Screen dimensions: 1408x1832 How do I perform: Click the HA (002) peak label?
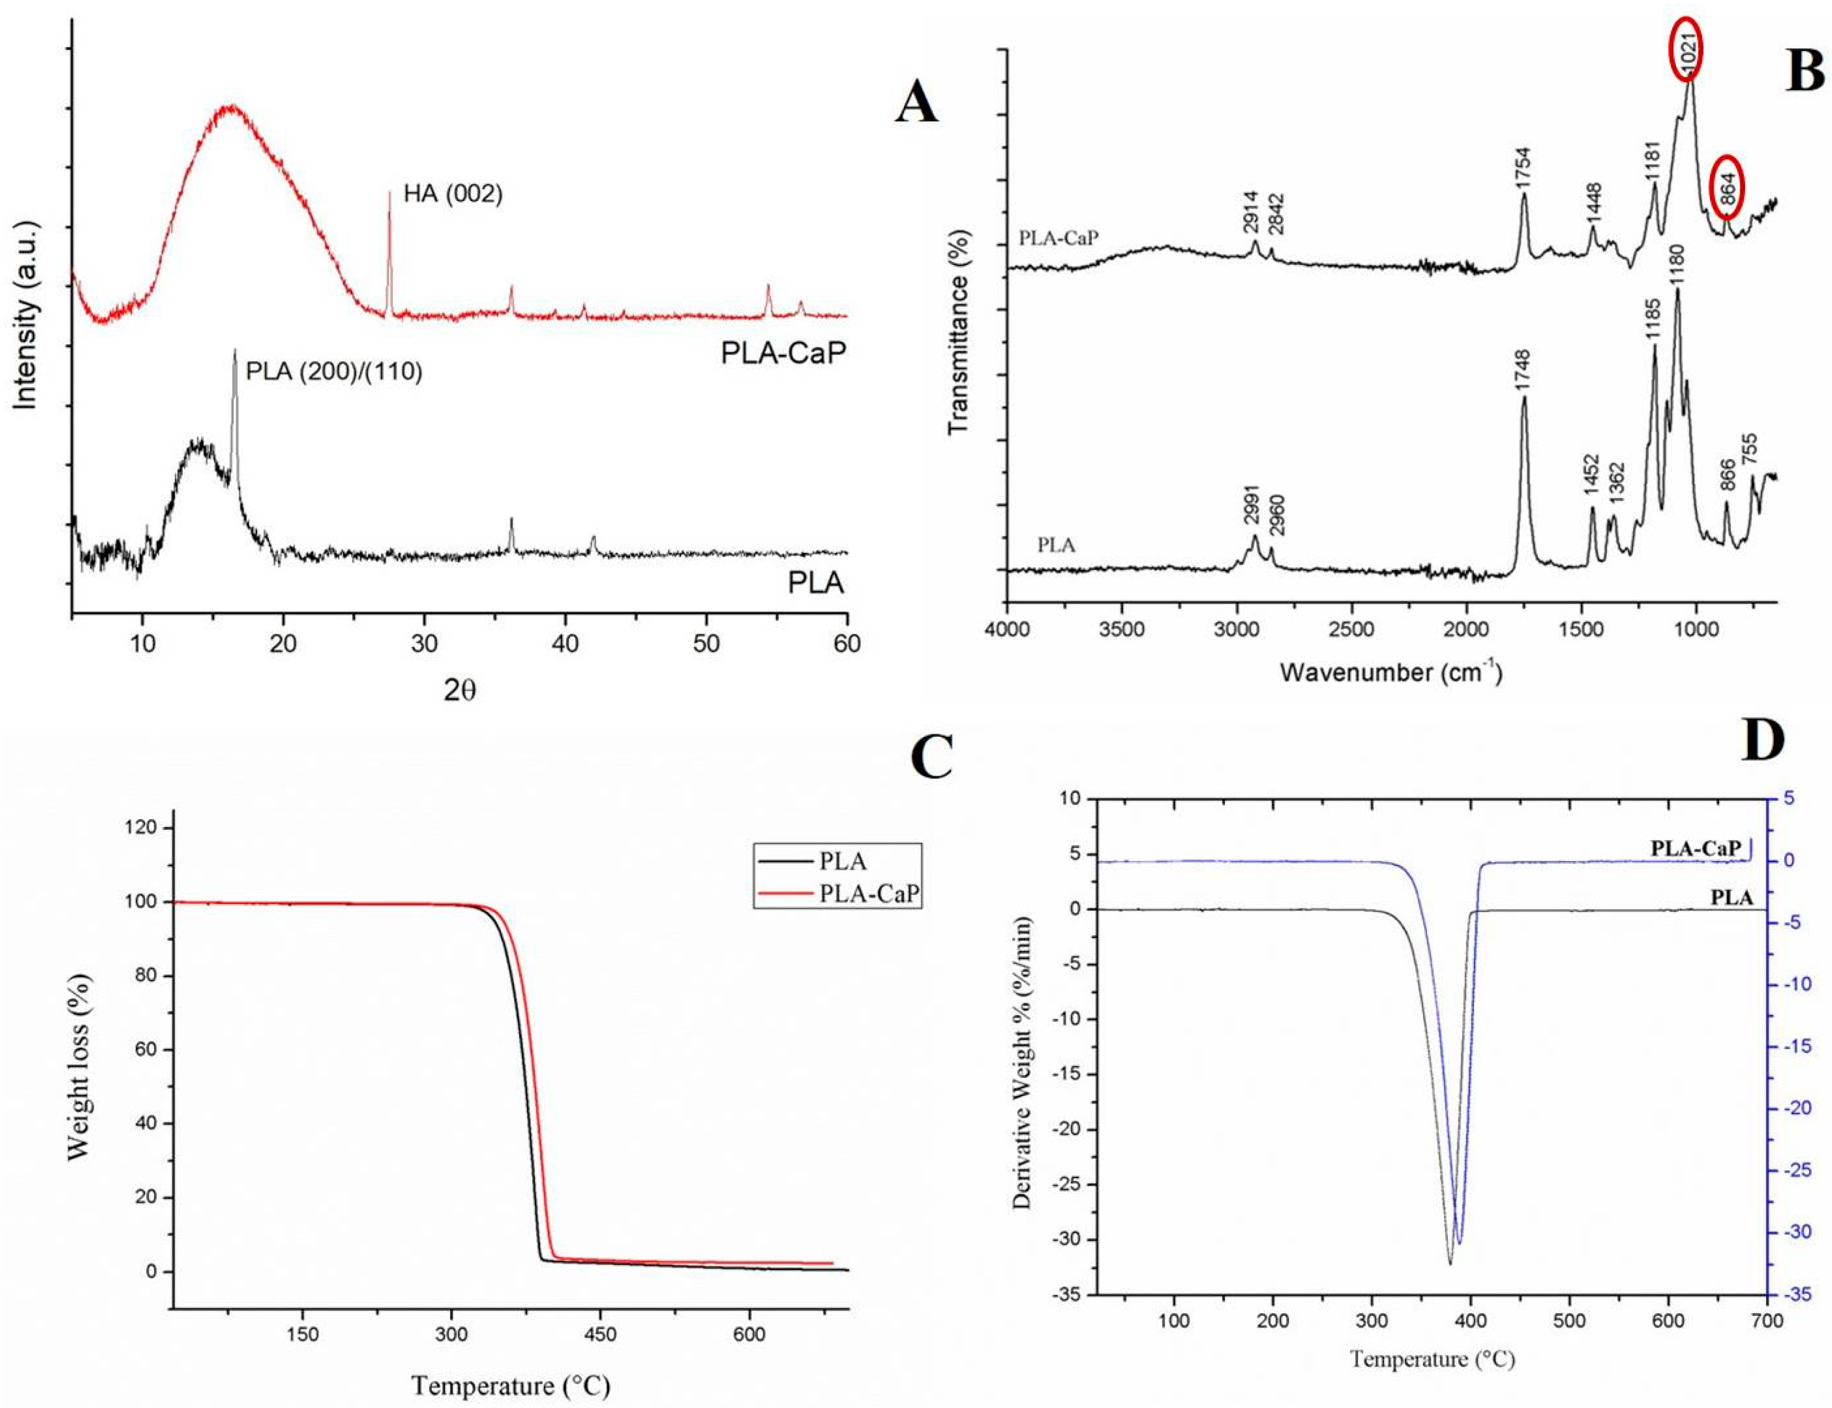click(x=453, y=194)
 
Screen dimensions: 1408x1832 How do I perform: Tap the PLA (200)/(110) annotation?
click(x=333, y=371)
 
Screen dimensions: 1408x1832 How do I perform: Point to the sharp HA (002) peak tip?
click(x=389, y=193)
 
